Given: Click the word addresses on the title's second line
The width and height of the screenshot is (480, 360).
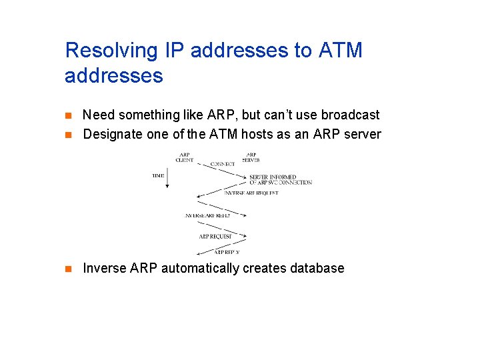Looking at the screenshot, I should (x=114, y=75).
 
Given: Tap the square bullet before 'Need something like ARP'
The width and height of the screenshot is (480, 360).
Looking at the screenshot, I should (x=68, y=115).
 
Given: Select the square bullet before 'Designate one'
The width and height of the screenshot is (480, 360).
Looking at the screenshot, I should (x=68, y=135).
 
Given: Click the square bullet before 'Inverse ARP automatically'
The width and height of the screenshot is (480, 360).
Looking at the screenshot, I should (x=68, y=269).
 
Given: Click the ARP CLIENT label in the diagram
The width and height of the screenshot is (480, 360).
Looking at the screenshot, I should (x=185, y=157).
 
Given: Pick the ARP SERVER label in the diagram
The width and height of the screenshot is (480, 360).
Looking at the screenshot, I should (x=251, y=157).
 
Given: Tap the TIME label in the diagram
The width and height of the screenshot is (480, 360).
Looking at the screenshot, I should (x=158, y=175).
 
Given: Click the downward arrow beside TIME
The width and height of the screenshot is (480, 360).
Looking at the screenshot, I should (x=167, y=179).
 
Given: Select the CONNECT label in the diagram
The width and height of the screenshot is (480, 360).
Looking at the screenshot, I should (x=222, y=164).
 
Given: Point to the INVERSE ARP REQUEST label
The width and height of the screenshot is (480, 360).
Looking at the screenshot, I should (x=251, y=193).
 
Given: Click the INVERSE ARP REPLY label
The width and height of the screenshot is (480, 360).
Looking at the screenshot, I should (x=208, y=216).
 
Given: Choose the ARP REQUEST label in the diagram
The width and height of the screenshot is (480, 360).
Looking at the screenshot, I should (x=215, y=237).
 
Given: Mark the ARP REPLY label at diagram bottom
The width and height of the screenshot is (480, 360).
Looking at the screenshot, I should (x=226, y=252).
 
